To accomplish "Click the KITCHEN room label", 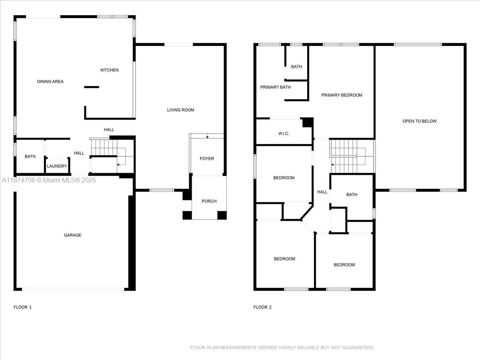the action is [110, 70].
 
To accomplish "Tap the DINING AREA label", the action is [50, 82].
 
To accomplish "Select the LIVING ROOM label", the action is [181, 110].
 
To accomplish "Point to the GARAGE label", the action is [73, 235].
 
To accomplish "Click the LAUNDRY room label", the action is [57, 166].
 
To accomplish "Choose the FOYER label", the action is [207, 158].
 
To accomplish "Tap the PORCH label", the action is [209, 201].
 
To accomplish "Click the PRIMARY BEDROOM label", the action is [342, 95].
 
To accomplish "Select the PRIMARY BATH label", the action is [276, 87].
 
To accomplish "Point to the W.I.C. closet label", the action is [284, 134].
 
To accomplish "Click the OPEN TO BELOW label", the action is [420, 121].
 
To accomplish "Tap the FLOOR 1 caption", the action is [22, 307].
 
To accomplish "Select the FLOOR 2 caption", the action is [262, 307].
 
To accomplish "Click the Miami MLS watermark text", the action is [49, 180].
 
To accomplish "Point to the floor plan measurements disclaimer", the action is [282, 348].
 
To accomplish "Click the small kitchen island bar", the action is [92, 87].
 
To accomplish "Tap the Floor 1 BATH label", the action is [30, 156].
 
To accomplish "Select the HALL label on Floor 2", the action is [322, 192].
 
